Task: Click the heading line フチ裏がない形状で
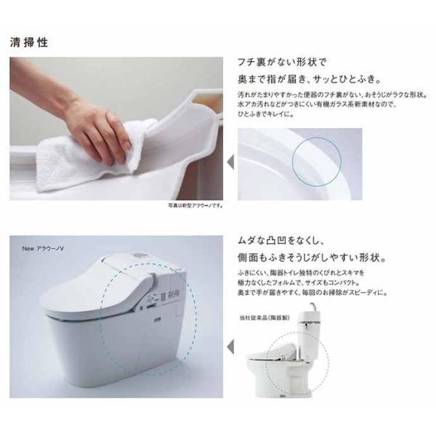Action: pos(283,62)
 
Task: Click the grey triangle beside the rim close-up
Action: pos(230,161)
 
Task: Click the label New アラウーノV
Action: pos(46,246)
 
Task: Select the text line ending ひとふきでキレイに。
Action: pos(269,114)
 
